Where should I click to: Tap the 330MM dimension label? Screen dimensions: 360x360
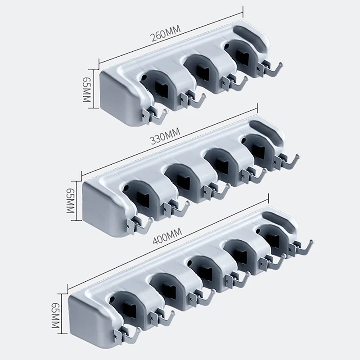coord(165,136)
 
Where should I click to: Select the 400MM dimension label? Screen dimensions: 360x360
coord(167,237)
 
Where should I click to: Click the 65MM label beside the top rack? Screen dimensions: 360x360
coord(86,89)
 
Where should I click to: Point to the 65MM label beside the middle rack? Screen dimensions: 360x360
coord(70,201)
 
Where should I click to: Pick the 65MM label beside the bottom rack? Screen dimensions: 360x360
coord(55,315)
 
